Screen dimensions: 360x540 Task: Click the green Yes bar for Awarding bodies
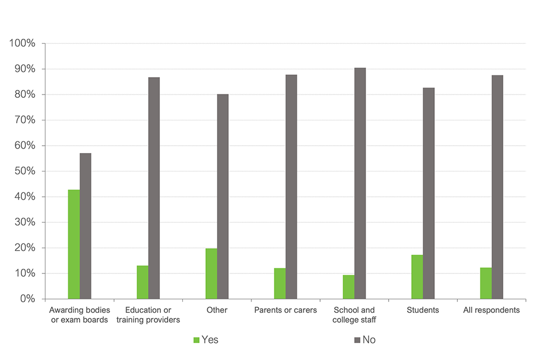74,244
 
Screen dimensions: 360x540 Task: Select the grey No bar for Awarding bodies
85,226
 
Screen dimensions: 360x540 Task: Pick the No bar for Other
223,196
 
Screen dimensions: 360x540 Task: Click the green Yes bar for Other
211,273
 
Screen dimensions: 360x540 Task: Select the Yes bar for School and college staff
348,287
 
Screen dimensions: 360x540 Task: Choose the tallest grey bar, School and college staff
360,183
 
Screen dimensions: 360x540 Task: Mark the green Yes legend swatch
196,340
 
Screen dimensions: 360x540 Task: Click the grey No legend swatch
357,340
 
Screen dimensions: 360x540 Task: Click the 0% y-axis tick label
28,299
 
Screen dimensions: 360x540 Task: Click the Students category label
422,310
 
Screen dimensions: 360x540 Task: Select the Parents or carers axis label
286,310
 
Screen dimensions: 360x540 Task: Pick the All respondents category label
491,310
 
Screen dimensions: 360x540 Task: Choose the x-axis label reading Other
217,310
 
